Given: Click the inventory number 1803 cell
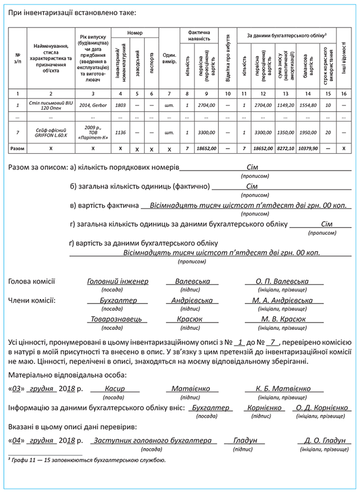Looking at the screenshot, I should point(120,105).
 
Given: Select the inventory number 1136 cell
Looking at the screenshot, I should point(120,133).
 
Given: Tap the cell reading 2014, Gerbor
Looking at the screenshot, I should point(93,105).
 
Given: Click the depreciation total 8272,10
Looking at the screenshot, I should point(286,148).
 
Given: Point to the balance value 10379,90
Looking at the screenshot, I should point(307,148).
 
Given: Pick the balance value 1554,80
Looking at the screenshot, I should point(307,105).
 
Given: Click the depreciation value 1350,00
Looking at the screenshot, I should point(286,133).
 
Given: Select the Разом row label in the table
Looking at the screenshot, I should point(17,148).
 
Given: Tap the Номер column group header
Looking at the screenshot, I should point(135,33).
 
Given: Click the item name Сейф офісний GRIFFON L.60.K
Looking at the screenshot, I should point(51,133).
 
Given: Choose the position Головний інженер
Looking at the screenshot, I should point(118,281).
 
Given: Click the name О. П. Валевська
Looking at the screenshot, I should point(282,281).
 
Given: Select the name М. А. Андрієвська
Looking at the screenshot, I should point(282,300).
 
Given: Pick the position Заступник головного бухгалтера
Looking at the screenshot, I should point(152,440).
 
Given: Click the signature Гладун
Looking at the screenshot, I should point(244,440).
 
